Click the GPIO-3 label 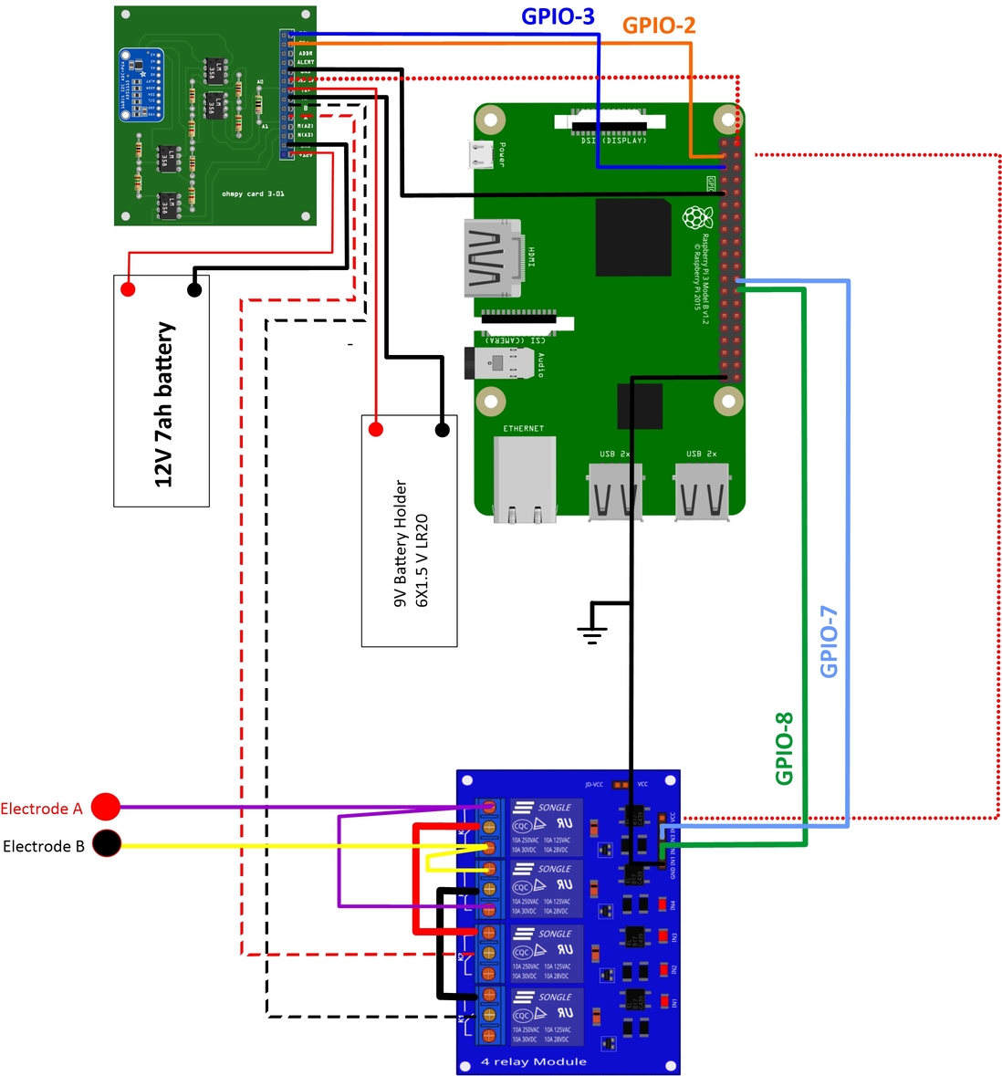click(x=558, y=16)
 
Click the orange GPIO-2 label click(x=659, y=26)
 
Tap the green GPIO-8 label click(x=784, y=748)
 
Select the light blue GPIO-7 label click(x=829, y=642)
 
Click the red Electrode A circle click(x=106, y=808)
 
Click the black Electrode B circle click(x=107, y=844)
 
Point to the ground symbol click(x=592, y=630)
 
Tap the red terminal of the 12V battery click(x=128, y=289)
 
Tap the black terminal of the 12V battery click(x=194, y=290)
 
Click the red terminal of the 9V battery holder click(x=375, y=429)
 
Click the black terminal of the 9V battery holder click(x=443, y=429)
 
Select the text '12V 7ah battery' click(x=163, y=404)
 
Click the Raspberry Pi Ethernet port click(x=524, y=478)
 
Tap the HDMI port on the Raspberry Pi click(x=493, y=258)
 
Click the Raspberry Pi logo click(x=698, y=218)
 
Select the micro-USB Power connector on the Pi click(x=480, y=154)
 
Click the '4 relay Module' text click(x=534, y=1061)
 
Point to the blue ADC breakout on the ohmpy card click(x=141, y=85)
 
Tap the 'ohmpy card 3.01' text click(x=253, y=193)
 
